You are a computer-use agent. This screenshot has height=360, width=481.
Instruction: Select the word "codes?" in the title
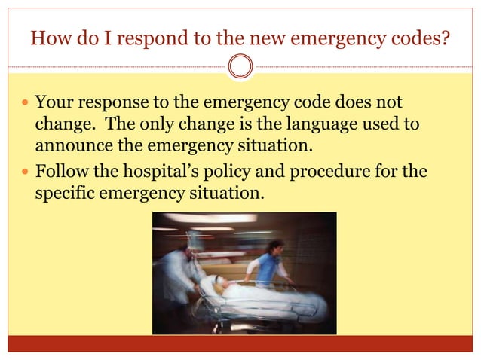click(421, 37)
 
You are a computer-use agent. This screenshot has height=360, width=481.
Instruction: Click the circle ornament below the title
click(240, 66)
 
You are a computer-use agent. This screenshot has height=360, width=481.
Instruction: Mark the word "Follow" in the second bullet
click(62, 172)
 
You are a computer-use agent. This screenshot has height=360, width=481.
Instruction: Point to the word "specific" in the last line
click(63, 193)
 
